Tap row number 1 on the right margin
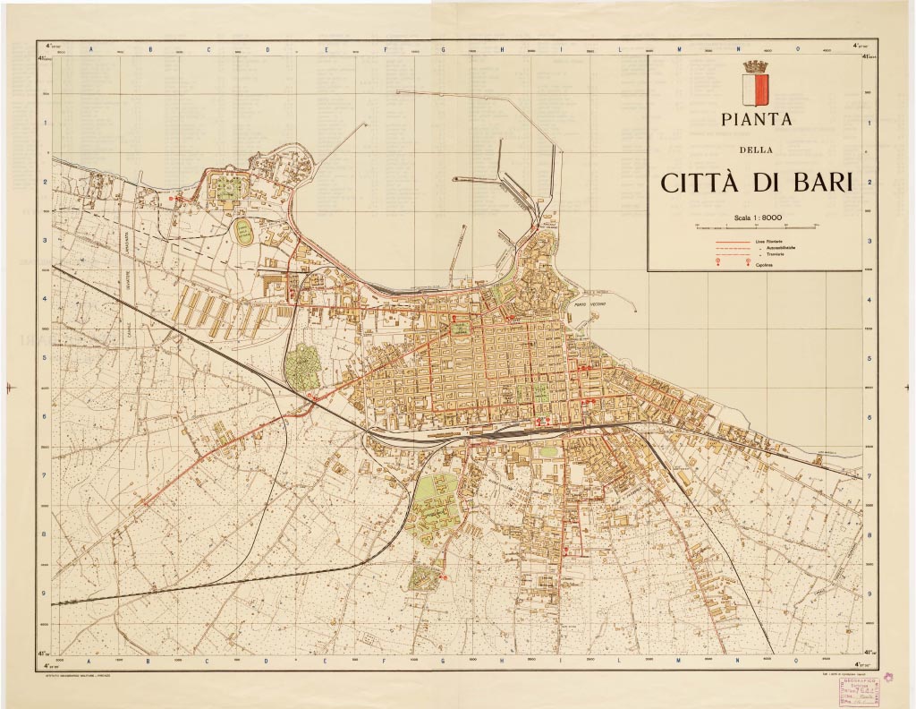(871, 123)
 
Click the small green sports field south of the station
(547, 452)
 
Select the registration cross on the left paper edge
(9, 387)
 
